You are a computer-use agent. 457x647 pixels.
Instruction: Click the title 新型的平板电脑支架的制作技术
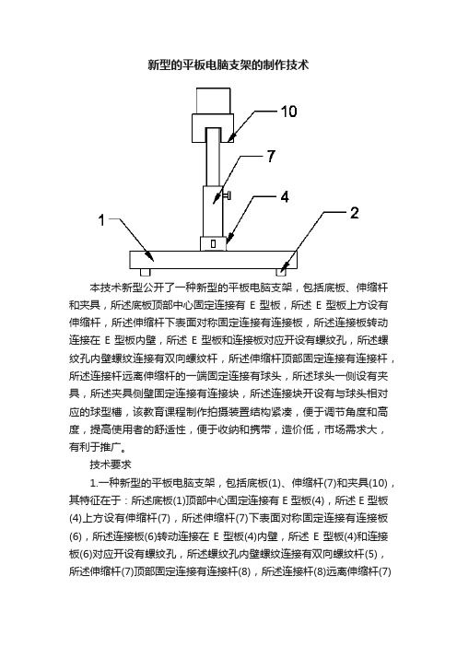[228, 65]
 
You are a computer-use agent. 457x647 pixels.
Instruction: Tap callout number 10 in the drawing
[288, 112]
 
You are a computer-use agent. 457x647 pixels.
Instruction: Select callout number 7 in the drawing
[271, 156]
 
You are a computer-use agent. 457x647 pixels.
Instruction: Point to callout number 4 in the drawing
[285, 197]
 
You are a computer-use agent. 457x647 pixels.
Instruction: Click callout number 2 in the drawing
[355, 213]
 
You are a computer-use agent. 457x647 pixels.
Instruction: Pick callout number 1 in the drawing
[101, 220]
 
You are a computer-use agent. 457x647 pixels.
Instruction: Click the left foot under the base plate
[145, 272]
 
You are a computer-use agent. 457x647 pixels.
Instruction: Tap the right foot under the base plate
[282, 272]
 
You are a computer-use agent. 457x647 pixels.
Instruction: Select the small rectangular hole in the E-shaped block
[213, 244]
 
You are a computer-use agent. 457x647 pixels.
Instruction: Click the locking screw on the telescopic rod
[228, 194]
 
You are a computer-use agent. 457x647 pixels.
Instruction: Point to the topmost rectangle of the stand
[213, 100]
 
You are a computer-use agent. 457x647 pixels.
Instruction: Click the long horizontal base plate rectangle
[213, 260]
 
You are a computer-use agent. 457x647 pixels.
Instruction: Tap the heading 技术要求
[111, 465]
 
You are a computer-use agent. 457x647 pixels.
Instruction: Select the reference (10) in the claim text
[378, 483]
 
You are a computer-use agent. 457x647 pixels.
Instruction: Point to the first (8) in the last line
[244, 571]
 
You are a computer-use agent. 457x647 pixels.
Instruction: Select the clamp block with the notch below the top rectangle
[213, 128]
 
